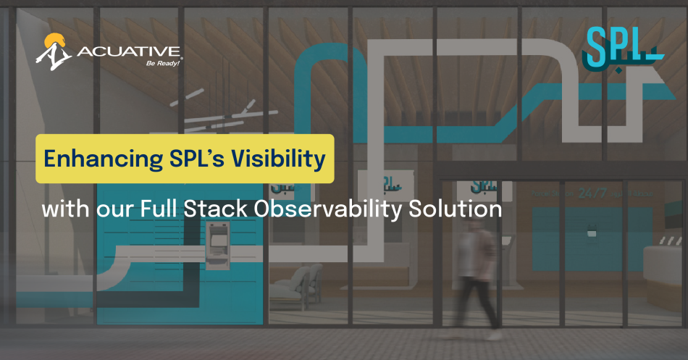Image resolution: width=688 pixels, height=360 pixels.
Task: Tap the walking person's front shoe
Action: [x=495, y=335]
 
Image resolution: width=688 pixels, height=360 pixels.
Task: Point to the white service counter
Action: [x=664, y=268]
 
